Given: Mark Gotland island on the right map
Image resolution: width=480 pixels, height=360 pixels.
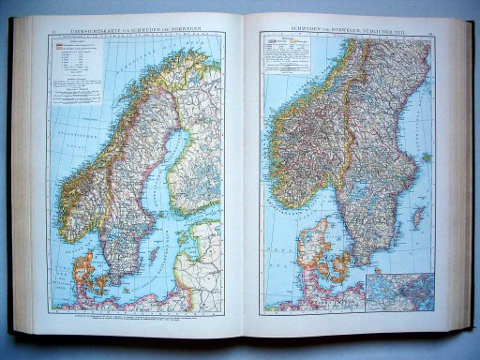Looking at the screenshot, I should click(418, 217).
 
